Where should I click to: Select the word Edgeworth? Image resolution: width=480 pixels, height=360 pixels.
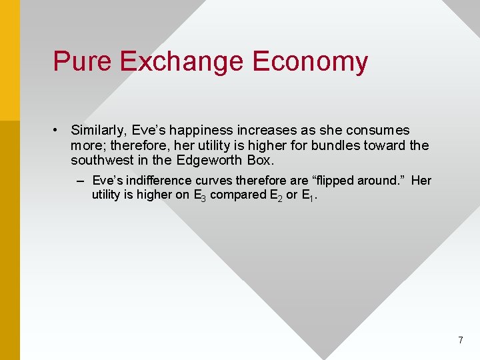[x=211, y=160]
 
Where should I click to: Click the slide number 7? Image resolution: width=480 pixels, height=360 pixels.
[x=460, y=341]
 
